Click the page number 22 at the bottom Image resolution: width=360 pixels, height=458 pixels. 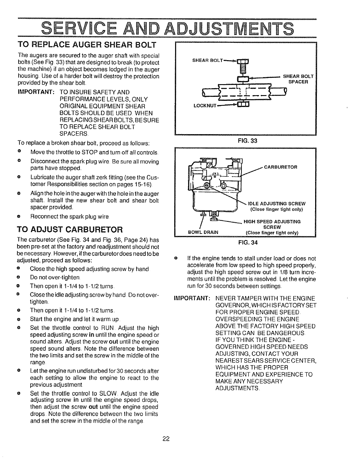[x=166, y=439]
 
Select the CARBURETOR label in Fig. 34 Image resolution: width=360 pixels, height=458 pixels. [x=281, y=167]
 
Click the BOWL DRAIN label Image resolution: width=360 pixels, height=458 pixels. [x=203, y=232]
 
